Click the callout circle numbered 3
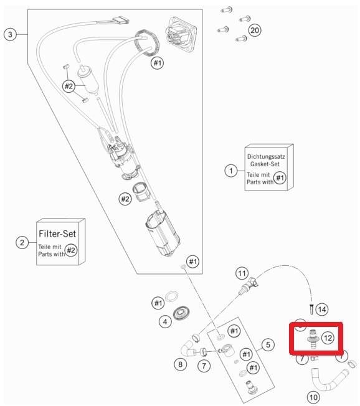pos(10,34)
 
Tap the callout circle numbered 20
pos(254,31)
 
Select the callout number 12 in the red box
pos(328,338)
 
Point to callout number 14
pos(322,309)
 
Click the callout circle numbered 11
pos(242,273)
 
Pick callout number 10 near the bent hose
pos(313,397)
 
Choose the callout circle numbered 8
pos(180,364)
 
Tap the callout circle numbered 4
pos(165,322)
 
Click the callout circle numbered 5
pos(268,344)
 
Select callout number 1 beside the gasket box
pos(231,171)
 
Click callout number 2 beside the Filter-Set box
pos(22,243)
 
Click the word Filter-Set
pos(57,234)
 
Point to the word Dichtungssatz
pos(266,157)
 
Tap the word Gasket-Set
pos(265,164)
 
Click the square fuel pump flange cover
pos(180,34)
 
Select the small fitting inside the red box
pos(313,339)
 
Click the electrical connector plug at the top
pos(120,20)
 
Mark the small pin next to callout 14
pos(311,309)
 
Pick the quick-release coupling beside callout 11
pos(249,286)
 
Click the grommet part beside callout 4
pos(181,313)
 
